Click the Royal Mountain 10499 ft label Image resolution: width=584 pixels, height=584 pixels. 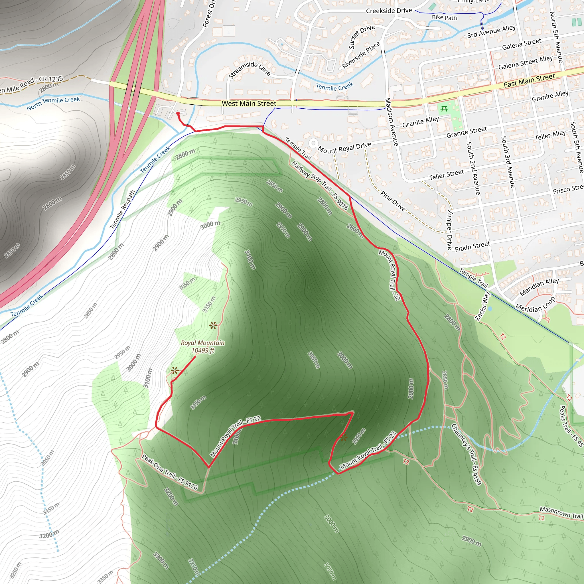tap(202, 346)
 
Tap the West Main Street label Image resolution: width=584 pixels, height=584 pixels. tap(249, 104)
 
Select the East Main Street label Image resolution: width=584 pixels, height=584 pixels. tap(529, 80)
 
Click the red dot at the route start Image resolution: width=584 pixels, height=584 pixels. tap(178, 114)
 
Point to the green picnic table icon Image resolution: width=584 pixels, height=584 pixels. tap(444, 109)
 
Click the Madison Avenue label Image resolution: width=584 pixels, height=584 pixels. tap(392, 122)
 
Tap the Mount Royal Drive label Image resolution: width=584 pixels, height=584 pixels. tap(344, 147)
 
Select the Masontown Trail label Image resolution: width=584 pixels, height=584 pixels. tap(561, 513)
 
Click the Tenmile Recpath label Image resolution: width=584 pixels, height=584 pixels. tap(122, 209)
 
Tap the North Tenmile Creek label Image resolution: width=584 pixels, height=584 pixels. tap(53, 103)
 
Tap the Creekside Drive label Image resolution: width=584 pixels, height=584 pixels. tap(389, 11)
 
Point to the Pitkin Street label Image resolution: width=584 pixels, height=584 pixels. tap(472, 246)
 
